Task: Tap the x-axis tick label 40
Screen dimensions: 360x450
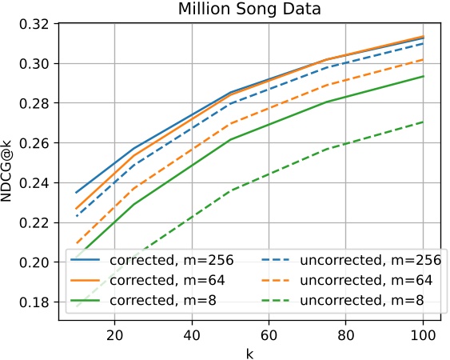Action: [191, 332]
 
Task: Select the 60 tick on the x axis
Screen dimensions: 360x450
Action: [269, 332]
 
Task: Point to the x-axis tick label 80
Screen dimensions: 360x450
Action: [346, 332]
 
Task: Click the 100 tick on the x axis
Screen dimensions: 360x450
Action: [424, 332]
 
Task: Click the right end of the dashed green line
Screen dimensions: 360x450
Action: [424, 122]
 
